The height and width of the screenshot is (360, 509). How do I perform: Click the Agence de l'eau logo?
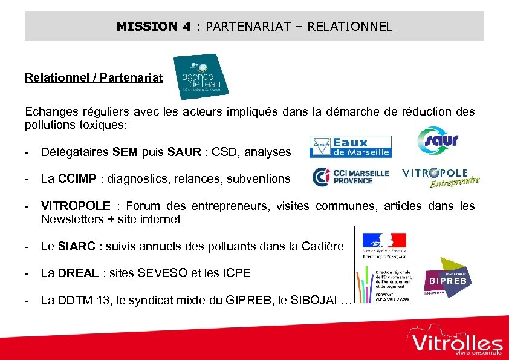201,77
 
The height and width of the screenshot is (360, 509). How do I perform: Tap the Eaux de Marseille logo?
351,146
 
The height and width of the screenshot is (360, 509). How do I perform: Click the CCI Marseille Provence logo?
351,177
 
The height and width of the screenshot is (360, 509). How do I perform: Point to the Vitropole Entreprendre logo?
441,177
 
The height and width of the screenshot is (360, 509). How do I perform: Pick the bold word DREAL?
79,273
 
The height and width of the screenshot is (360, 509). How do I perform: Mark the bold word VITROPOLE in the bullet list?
76,206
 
